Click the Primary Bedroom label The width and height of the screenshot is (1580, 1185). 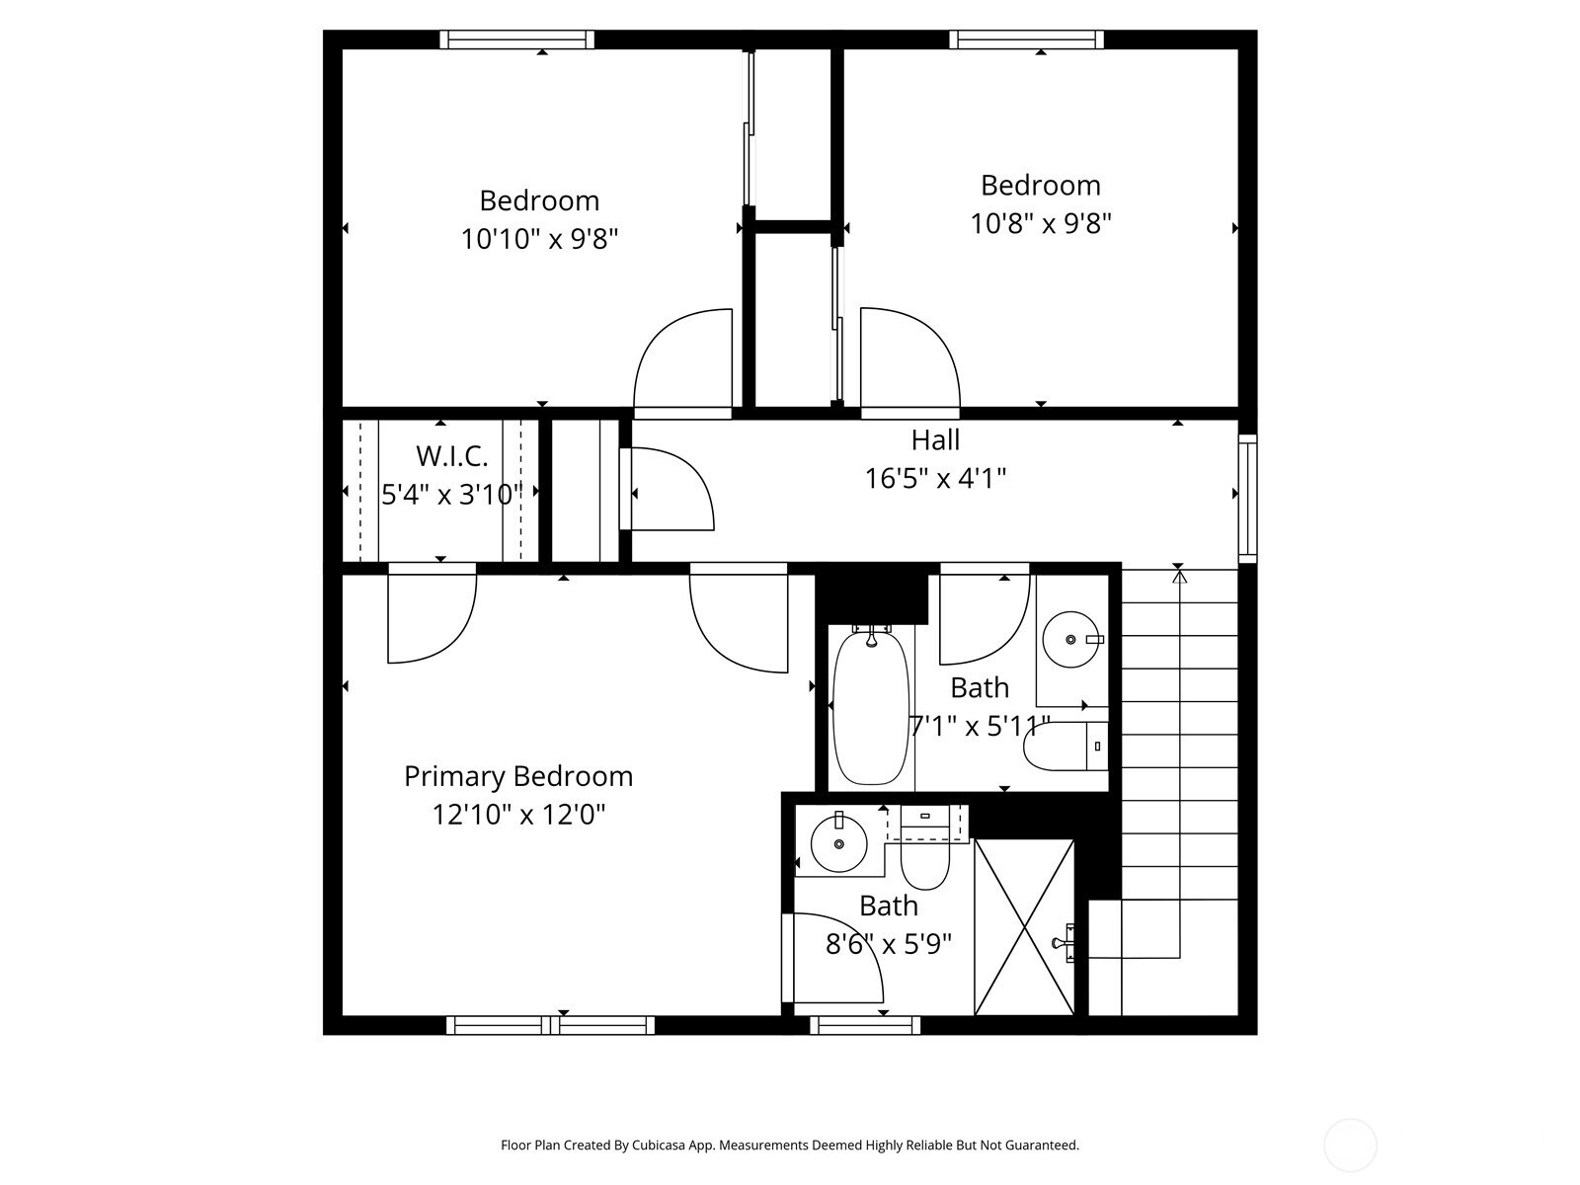click(x=518, y=777)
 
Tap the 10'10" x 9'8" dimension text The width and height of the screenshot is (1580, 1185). click(x=539, y=238)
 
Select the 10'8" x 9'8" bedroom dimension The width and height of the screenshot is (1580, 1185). click(x=1040, y=223)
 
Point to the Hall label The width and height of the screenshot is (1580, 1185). click(x=935, y=439)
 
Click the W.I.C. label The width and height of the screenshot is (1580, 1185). click(x=451, y=455)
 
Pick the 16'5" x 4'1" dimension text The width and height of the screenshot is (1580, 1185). click(x=935, y=478)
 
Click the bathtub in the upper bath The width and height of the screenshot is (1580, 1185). click(x=871, y=705)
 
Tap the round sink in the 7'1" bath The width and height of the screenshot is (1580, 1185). click(x=1071, y=640)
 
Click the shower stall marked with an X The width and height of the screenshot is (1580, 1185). click(x=1024, y=927)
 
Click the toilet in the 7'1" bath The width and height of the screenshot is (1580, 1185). click(x=1066, y=747)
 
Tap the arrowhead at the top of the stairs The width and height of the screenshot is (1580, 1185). click(x=1179, y=577)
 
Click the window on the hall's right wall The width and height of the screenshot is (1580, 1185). click(x=1247, y=499)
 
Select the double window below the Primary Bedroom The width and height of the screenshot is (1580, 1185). click(x=551, y=1025)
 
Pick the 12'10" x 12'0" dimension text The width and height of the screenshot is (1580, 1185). click(x=518, y=816)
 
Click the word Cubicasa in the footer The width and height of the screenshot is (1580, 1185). click(x=660, y=1145)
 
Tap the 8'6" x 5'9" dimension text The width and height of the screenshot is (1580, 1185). click(x=888, y=943)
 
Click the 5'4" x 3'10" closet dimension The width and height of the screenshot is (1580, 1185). click(x=451, y=495)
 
